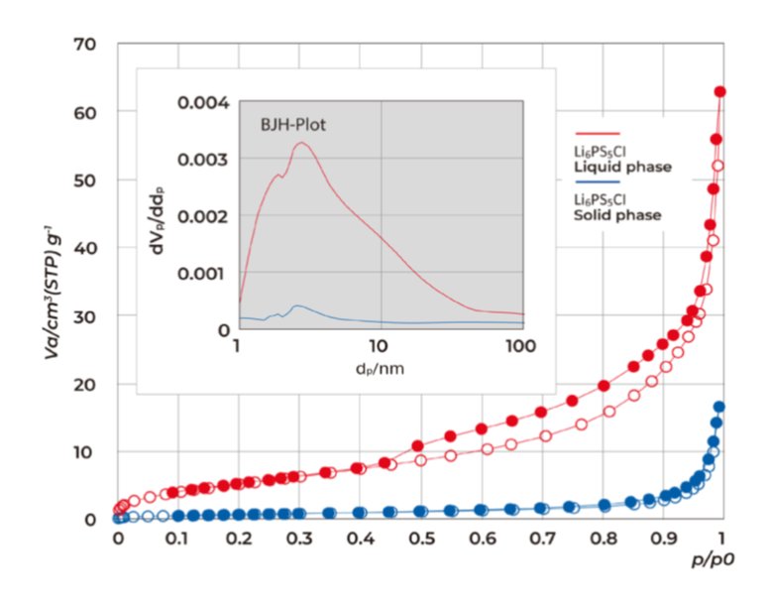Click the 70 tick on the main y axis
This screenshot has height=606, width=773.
point(83,45)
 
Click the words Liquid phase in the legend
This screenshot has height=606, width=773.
point(622,167)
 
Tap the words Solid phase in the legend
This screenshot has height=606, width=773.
point(617,215)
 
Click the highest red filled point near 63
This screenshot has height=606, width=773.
point(719,92)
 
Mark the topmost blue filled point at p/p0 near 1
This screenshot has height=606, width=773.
point(718,407)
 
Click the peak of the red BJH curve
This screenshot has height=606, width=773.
point(300,143)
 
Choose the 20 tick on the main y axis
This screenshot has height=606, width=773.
point(83,384)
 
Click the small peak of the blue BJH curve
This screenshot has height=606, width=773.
point(297,306)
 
